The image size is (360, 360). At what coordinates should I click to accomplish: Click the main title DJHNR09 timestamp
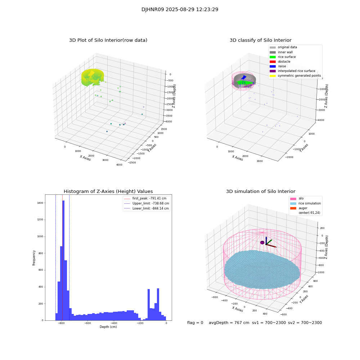(x=180, y=10)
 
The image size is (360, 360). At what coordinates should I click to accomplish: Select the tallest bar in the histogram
(x=63, y=259)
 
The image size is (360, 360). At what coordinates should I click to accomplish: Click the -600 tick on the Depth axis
(x=87, y=323)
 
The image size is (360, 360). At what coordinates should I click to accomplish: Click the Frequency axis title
(x=34, y=258)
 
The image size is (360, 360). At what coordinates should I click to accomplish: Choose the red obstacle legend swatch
(x=273, y=62)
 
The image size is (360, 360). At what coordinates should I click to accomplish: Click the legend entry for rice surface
(x=287, y=57)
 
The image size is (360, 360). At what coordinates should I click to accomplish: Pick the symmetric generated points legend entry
(x=299, y=76)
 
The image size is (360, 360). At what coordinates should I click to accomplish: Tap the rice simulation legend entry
(x=309, y=203)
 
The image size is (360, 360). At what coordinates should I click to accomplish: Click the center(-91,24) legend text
(x=310, y=213)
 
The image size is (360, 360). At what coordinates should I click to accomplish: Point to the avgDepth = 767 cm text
(x=229, y=323)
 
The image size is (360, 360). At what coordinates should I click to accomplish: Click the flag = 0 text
(x=195, y=323)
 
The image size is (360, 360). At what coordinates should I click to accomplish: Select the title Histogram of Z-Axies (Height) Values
(x=108, y=192)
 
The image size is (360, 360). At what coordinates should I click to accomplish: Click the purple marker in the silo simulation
(x=262, y=243)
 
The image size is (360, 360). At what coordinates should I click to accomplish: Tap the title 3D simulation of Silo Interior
(x=261, y=192)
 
